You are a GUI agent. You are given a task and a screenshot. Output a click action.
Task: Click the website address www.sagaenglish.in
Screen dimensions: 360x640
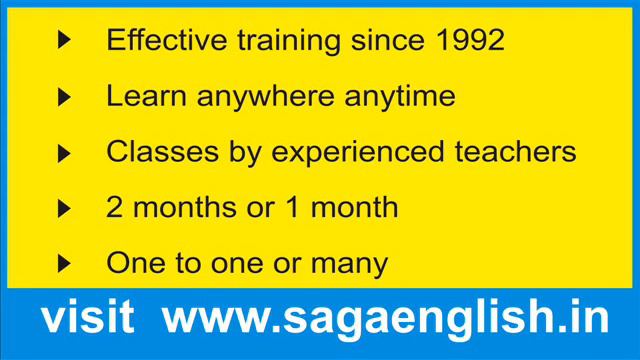coord(385,318)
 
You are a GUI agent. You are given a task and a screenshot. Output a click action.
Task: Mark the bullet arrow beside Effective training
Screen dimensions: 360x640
coord(65,41)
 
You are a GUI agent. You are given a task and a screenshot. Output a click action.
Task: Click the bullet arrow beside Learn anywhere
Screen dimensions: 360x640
coord(65,97)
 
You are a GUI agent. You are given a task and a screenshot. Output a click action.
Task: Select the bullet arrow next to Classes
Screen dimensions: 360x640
coord(65,153)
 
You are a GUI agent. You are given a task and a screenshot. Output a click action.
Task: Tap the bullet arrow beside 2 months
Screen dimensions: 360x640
coord(65,208)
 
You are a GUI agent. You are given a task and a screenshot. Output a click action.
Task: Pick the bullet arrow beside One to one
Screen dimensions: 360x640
coord(65,264)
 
